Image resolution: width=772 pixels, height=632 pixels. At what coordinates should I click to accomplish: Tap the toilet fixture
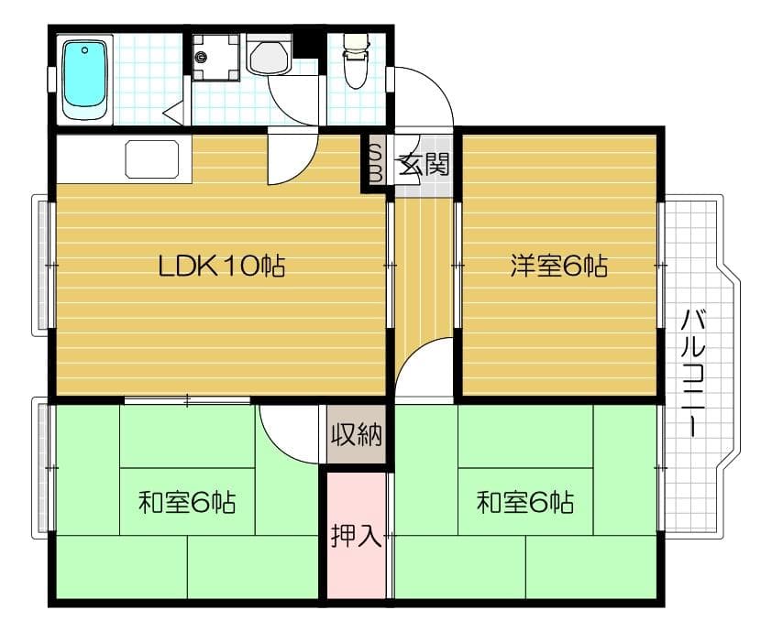(354, 62)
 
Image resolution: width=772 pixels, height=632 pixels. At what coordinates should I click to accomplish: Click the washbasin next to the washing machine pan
(270, 58)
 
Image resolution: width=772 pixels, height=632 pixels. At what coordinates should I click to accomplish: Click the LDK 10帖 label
(221, 267)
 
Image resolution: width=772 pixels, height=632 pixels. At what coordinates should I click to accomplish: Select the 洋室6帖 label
(559, 267)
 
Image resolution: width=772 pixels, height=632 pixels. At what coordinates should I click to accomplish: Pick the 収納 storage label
(356, 435)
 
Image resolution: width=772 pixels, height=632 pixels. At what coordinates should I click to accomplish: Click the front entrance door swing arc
(431, 92)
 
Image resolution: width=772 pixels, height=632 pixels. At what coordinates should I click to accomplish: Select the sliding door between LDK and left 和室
(187, 399)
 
